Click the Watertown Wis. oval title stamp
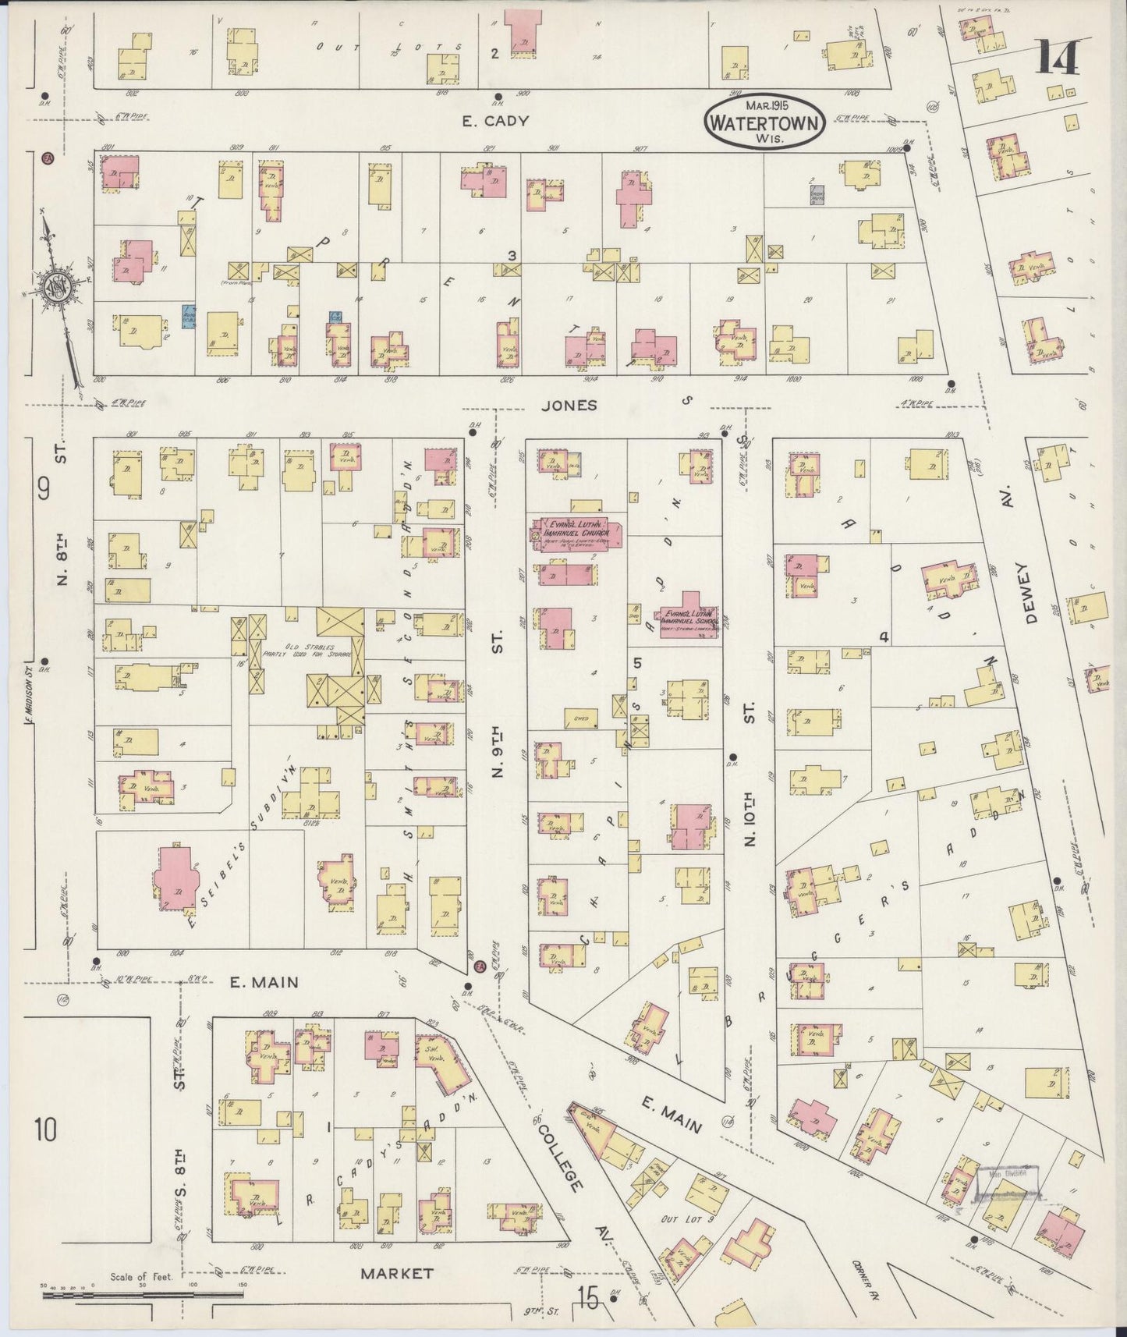click(764, 122)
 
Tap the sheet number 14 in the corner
click(1058, 58)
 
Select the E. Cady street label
click(495, 121)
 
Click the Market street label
click(396, 1273)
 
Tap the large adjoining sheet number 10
click(45, 1129)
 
